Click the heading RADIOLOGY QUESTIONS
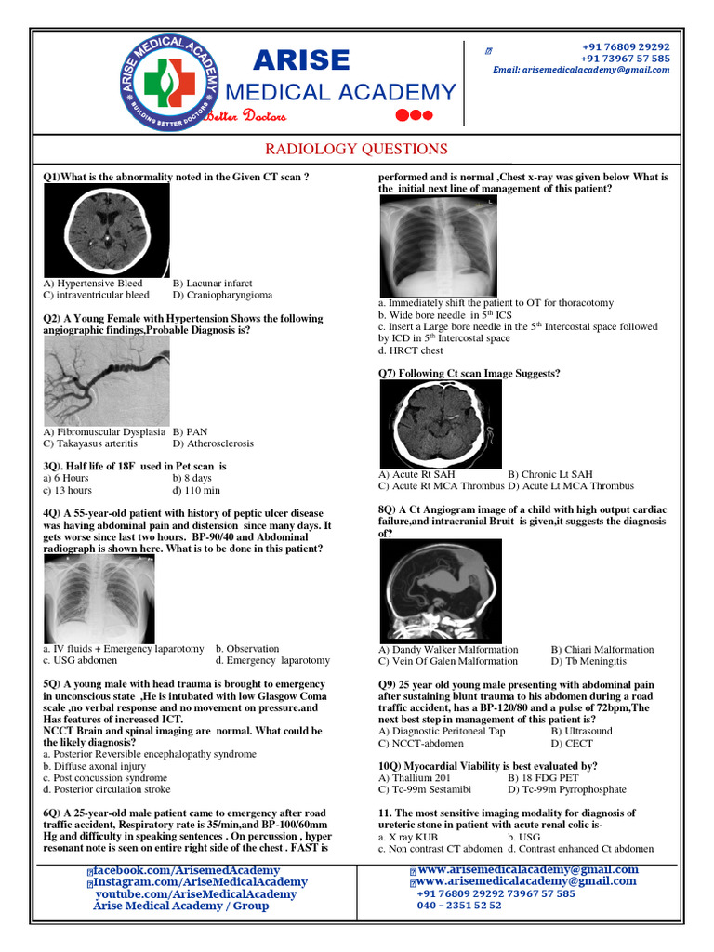356,149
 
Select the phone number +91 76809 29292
626,46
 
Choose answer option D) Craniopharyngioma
222,295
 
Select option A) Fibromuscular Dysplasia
104,431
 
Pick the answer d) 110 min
196,490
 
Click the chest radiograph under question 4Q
99,599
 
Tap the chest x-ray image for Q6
438,246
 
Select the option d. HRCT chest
411,350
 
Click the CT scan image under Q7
440,423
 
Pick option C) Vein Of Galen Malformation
447,661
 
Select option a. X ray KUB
415,837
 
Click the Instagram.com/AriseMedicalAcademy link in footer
199,881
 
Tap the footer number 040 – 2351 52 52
458,905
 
